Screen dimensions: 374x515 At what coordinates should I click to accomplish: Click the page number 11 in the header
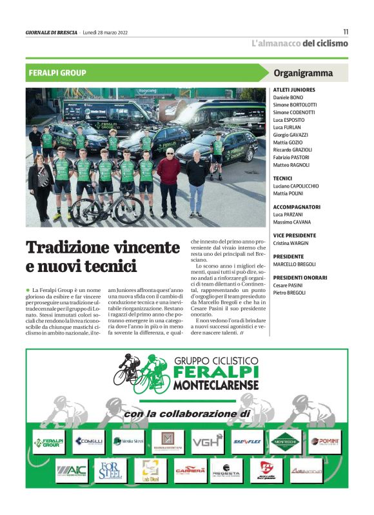pos(345,32)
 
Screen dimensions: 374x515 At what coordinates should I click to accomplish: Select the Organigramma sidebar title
pos(302,73)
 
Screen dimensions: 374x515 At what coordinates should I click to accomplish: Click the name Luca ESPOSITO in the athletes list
pos(289,120)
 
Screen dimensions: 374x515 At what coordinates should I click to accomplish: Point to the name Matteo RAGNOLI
pos(291,165)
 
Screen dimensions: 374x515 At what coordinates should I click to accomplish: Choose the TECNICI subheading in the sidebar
pos(282,178)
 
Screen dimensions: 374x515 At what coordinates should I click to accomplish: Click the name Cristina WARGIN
pos(291,243)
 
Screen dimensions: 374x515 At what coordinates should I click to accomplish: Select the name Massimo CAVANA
pos(291,222)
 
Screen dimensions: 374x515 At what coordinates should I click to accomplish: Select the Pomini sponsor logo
pos(324,442)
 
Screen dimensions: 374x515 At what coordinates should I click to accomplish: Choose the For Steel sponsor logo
pos(110,471)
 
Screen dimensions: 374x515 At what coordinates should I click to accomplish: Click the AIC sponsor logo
pos(71,471)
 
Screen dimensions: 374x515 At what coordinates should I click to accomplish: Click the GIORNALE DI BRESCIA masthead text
pos(51,32)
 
